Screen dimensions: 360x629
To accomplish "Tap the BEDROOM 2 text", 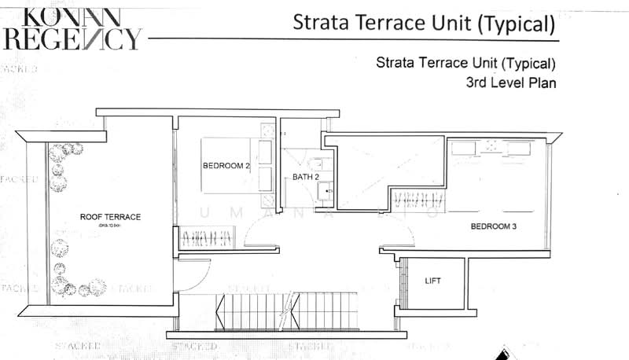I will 226,166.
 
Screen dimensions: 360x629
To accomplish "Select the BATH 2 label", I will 306,178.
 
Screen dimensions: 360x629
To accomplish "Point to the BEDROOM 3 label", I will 492,227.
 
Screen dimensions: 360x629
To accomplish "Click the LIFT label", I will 432,281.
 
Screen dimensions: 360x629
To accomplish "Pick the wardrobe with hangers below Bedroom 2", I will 208,237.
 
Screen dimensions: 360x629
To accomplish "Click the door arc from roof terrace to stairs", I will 193,275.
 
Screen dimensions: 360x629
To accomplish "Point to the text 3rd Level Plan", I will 511,82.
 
